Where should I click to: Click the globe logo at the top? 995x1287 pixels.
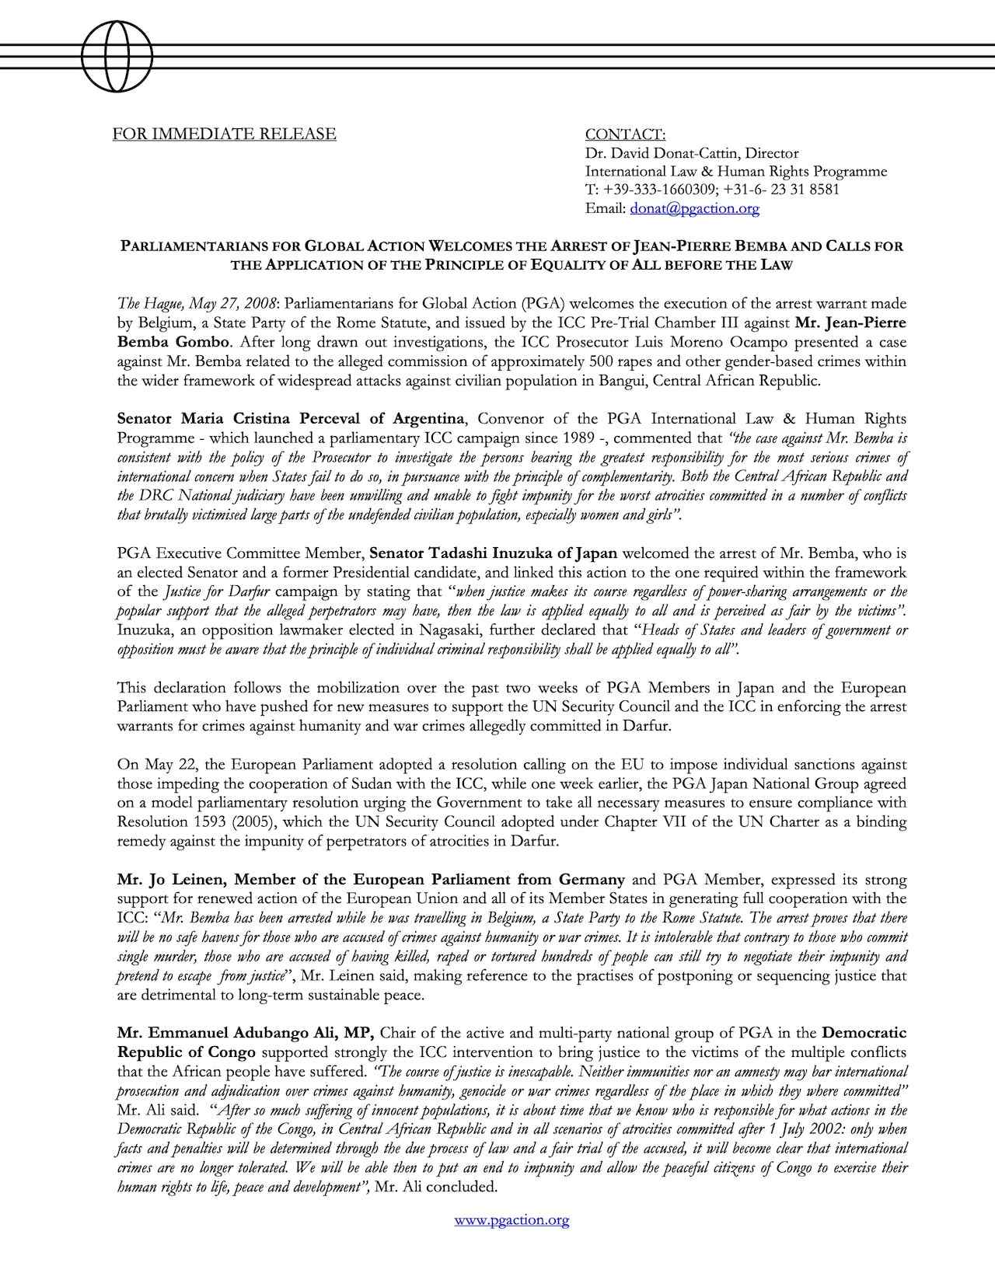tap(118, 55)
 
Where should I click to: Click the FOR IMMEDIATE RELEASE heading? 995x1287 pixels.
tap(225, 134)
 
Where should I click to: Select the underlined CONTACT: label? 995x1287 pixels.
tap(625, 134)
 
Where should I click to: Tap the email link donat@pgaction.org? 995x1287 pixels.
tap(694, 208)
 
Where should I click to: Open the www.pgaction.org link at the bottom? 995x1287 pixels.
tap(511, 1219)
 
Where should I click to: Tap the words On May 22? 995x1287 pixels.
tap(153, 764)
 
